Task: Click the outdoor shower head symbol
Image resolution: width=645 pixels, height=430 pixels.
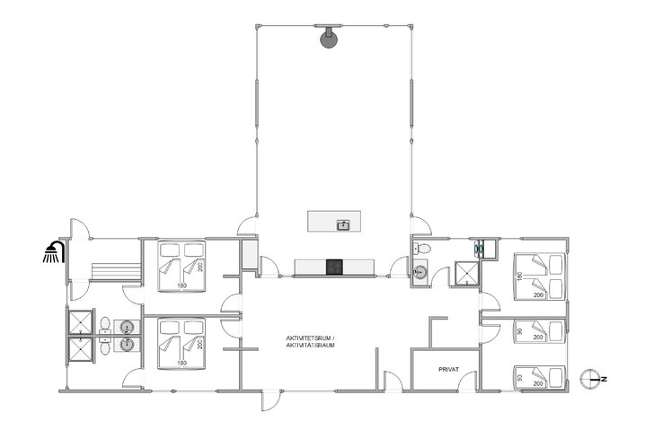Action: tap(54, 253)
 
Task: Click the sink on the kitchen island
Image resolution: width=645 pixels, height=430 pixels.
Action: tap(343, 224)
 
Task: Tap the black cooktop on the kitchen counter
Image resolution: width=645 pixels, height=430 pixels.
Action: tap(334, 266)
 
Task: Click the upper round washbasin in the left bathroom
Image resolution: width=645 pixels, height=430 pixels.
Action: tap(127, 328)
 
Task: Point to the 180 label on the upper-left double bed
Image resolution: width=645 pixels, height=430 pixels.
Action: tap(181, 287)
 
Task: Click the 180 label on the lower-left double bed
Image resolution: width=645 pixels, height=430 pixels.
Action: tap(181, 363)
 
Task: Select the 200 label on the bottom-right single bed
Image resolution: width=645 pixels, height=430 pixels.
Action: tap(539, 383)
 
